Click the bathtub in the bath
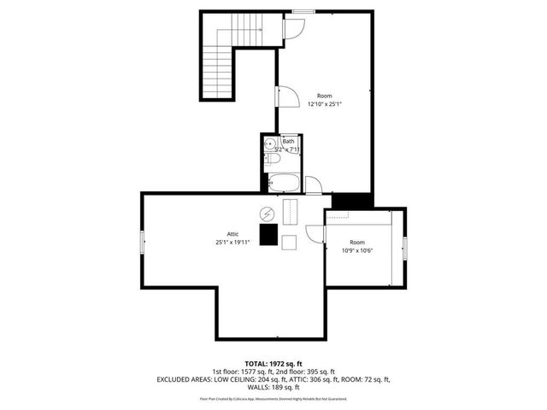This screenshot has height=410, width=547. [x=283, y=181]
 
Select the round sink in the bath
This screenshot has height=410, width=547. [x=269, y=144]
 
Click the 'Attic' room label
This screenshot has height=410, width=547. [x=232, y=234]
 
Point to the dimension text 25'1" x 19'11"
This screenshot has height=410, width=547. [x=232, y=243]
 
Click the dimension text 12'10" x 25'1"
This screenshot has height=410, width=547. [x=325, y=104]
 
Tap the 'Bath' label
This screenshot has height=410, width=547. [x=289, y=141]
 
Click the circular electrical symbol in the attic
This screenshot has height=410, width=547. [x=266, y=213]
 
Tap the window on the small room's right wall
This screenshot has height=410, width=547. [x=405, y=247]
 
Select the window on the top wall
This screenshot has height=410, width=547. [x=302, y=11]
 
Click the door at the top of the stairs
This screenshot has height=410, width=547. [x=291, y=28]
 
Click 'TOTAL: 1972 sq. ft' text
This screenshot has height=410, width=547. [x=273, y=364]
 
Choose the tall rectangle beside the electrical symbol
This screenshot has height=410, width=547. [x=288, y=211]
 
